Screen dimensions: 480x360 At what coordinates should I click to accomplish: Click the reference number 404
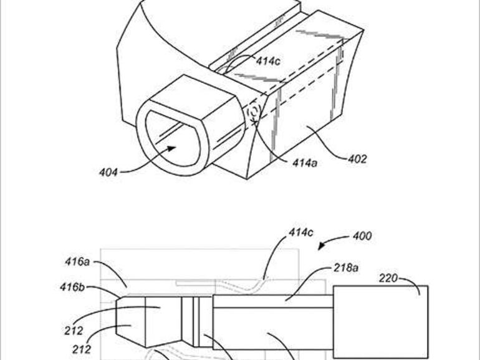pyautogui.click(x=108, y=173)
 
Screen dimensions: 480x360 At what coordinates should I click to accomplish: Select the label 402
pyautogui.click(x=357, y=159)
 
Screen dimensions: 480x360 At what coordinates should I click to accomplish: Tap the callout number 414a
pyautogui.click(x=305, y=163)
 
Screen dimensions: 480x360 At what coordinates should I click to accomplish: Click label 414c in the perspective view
pyautogui.click(x=268, y=61)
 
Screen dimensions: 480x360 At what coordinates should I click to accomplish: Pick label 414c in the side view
pyautogui.click(x=301, y=232)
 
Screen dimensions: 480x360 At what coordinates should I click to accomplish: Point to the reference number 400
pyautogui.click(x=362, y=236)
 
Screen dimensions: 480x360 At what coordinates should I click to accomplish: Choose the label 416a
pyautogui.click(x=77, y=262)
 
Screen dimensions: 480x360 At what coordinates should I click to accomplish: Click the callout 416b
pyautogui.click(x=72, y=287)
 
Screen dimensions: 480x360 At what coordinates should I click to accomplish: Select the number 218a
pyautogui.click(x=346, y=268)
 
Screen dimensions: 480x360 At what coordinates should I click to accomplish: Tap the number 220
pyautogui.click(x=388, y=278)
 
